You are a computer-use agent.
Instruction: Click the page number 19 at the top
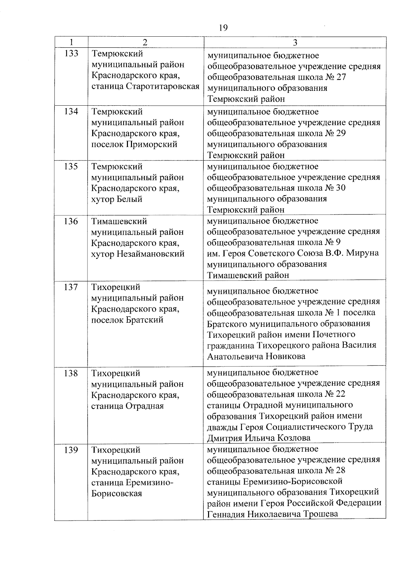(x=223, y=28)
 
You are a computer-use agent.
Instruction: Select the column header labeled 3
(x=295, y=42)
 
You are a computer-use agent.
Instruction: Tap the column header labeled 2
(x=145, y=42)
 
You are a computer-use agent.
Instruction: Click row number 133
(x=71, y=53)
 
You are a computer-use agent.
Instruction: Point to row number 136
(x=71, y=221)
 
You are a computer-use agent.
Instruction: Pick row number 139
(x=71, y=450)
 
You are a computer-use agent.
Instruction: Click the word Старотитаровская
(x=163, y=86)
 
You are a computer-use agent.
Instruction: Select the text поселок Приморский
(x=134, y=144)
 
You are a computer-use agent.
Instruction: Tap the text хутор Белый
(x=116, y=199)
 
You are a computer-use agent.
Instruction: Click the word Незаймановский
(x=150, y=254)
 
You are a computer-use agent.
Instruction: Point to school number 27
(x=341, y=77)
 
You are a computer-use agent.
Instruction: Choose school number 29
(x=341, y=134)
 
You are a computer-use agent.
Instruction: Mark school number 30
(x=341, y=188)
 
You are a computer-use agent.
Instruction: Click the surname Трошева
(x=321, y=514)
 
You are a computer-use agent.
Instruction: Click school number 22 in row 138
(x=340, y=394)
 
